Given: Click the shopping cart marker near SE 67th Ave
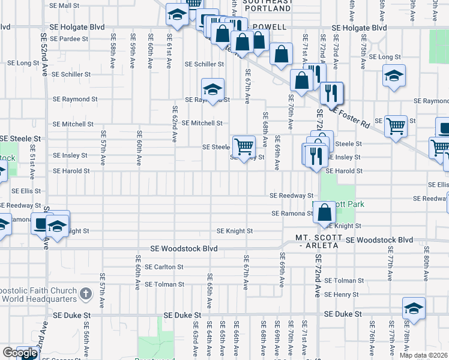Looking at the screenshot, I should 244,146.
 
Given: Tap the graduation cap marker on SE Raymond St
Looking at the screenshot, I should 212,90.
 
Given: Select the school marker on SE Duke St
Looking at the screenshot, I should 414,308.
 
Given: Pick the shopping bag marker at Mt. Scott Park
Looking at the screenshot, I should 325,212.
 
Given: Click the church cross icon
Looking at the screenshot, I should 86,294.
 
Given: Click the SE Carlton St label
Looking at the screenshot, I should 163,267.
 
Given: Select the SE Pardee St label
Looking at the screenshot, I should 69,38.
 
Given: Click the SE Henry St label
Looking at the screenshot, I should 341,295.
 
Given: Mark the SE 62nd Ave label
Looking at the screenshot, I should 175,124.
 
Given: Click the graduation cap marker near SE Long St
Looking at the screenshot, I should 394,76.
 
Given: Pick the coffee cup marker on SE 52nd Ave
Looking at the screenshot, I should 41,223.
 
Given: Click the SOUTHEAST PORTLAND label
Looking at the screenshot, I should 268,6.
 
